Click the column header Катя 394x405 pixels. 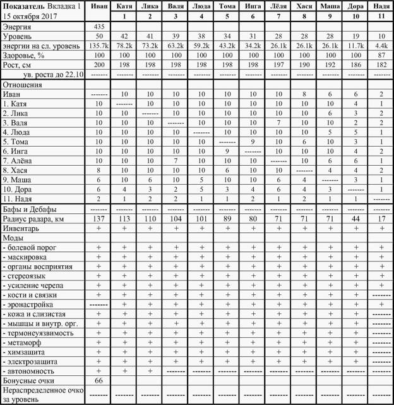(x=124, y=6)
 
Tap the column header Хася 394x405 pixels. (x=304, y=6)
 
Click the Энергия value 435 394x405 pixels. (x=98, y=27)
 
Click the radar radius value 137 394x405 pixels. (x=98, y=219)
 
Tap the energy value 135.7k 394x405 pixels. (x=98, y=47)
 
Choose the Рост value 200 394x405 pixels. (x=98, y=65)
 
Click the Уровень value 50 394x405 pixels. (x=98, y=37)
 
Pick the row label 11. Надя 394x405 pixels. (x=19, y=199)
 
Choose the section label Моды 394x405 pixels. (x=13, y=237)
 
